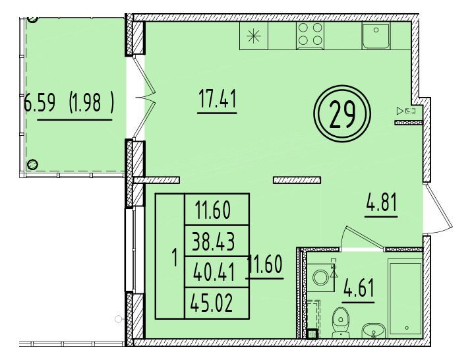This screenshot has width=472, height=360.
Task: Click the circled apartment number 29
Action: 342,113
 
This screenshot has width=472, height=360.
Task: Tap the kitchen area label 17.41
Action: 218,99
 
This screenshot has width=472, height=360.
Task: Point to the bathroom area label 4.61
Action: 359,288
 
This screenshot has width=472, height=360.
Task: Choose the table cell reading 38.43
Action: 214,241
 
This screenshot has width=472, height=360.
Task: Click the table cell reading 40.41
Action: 214,272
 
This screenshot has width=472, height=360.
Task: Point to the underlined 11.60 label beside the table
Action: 264,264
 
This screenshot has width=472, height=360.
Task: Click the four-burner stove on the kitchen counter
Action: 310,35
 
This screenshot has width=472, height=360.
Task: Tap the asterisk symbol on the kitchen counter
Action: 253,36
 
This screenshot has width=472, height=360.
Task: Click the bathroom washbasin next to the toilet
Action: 373,330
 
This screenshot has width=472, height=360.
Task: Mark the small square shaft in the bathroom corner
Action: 312,334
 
